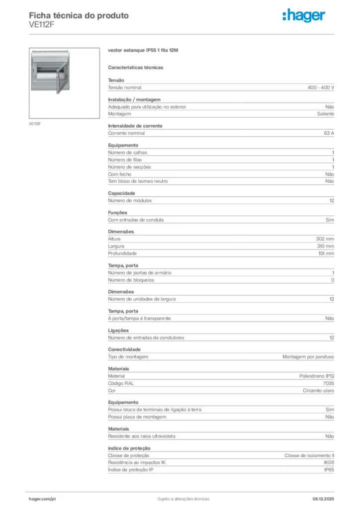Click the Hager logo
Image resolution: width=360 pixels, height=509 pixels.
303,16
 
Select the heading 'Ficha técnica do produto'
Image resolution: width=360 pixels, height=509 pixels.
79,15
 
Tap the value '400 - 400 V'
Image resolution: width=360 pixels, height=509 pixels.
321,87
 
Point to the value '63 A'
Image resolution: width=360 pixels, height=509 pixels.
329,133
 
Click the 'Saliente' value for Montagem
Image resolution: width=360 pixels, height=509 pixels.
326,114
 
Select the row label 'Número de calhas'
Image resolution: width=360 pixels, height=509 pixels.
127,153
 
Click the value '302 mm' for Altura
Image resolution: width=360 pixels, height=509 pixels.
325,239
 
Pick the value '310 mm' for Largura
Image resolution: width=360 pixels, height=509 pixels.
325,246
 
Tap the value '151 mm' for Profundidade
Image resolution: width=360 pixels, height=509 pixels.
326,254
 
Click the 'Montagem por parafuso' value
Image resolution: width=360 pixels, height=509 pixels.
308,357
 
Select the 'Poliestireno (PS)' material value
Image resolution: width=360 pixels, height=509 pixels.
317,376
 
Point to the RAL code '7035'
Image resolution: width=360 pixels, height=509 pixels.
329,383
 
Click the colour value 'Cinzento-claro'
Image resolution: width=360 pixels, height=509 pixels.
319,391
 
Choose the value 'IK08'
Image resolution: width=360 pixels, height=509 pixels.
329,462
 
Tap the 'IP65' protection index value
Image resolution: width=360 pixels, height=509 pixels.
329,470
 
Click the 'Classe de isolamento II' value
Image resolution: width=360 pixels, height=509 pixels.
309,455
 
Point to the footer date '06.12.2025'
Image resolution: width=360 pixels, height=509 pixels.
323,499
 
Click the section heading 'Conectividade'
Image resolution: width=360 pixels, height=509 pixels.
124,349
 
